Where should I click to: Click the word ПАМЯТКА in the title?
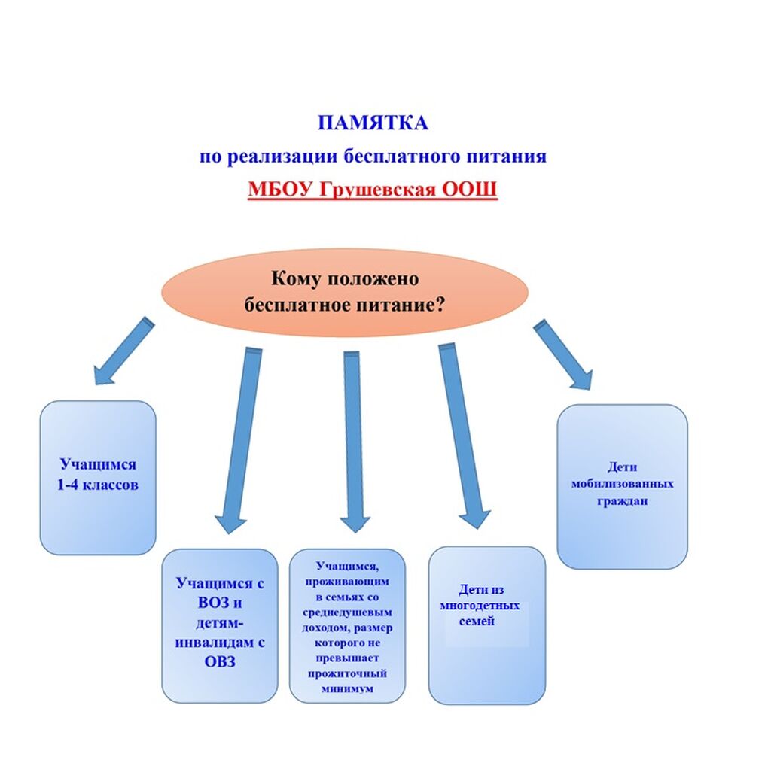(372, 123)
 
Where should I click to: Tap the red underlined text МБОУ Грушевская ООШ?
(372, 188)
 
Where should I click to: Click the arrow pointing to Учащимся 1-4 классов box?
(122, 351)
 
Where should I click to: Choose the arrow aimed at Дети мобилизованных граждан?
(562, 354)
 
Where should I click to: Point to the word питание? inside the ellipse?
(407, 305)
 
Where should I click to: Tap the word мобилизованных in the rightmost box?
(622, 483)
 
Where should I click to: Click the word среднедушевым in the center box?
(347, 612)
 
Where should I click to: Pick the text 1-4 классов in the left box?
(98, 485)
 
